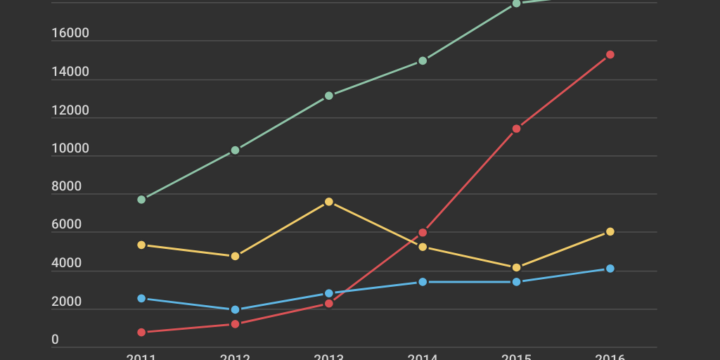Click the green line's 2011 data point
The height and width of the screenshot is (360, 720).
(x=141, y=200)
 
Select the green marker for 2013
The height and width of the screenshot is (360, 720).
(x=329, y=96)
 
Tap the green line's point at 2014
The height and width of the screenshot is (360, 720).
(x=423, y=61)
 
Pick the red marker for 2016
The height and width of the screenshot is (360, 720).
(x=610, y=55)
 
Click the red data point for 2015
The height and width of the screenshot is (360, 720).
(x=516, y=129)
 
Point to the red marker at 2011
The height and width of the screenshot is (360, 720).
(x=141, y=332)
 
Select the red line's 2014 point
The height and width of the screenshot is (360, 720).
(x=423, y=233)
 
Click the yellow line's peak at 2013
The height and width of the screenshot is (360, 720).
(x=329, y=202)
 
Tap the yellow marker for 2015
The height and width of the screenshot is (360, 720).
(x=516, y=268)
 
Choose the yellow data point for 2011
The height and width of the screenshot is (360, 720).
(x=141, y=245)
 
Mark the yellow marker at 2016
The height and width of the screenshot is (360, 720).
(x=610, y=231)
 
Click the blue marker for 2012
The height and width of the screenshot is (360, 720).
(x=235, y=309)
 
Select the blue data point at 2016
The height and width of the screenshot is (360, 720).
(x=610, y=269)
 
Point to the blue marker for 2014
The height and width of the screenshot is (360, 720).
(x=423, y=282)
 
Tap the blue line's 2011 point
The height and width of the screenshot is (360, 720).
(x=141, y=299)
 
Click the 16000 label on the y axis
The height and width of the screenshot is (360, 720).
(x=70, y=34)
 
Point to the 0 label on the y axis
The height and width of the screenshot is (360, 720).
(x=56, y=340)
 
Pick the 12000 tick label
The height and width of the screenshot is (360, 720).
(x=70, y=110)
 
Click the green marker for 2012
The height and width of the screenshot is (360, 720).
(x=235, y=150)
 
